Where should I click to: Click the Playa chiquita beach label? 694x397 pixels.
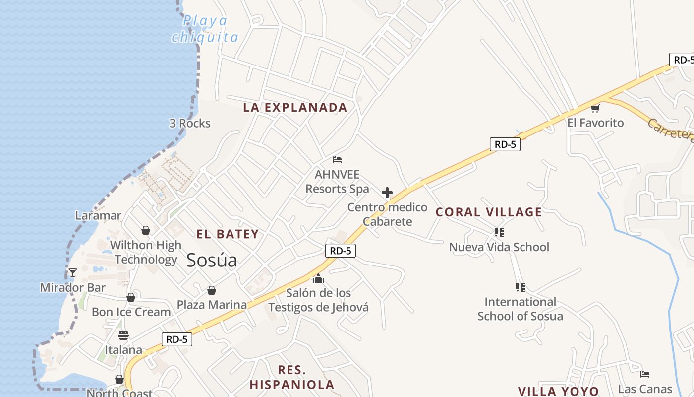(205, 29)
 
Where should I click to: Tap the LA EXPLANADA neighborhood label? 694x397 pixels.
(295, 107)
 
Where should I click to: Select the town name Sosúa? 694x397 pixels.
(212, 261)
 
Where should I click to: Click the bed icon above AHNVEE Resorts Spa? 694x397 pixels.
(337, 160)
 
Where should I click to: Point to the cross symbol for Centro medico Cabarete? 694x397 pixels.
(387, 193)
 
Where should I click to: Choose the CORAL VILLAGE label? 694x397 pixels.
(488, 212)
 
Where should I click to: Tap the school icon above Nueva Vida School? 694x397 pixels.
(499, 232)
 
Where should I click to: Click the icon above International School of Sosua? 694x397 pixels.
(520, 287)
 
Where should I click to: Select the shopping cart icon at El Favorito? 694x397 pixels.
(595, 108)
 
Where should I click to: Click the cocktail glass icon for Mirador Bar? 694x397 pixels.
(73, 273)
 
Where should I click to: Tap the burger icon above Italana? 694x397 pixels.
(123, 335)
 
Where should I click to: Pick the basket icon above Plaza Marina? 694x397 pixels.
(212, 290)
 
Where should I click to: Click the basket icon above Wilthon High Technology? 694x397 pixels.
(146, 230)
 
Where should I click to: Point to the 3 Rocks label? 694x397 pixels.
(190, 123)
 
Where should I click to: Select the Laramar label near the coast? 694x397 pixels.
(98, 215)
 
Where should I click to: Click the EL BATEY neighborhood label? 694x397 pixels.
(228, 234)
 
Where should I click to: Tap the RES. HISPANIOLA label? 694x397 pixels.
(291, 377)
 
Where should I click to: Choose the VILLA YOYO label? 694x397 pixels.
(559, 392)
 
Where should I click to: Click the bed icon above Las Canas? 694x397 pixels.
(645, 374)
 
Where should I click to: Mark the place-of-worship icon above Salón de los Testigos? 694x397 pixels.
(318, 278)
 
